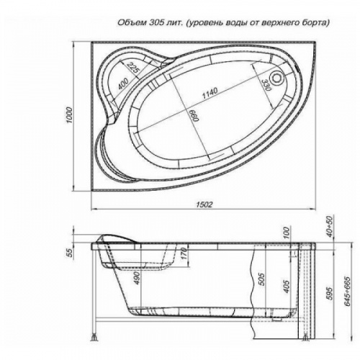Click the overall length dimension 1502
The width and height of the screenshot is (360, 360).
[x=204, y=204]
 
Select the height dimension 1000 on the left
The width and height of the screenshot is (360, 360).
[x=69, y=115]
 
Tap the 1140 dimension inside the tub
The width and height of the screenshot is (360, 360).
[x=210, y=93]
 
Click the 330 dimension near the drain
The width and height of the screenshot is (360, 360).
[x=266, y=85]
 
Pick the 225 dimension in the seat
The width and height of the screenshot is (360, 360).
[x=132, y=68]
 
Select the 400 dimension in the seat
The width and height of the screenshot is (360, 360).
[x=123, y=84]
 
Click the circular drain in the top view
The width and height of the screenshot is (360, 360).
[x=277, y=78]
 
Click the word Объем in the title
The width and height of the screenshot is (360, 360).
[x=132, y=22]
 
